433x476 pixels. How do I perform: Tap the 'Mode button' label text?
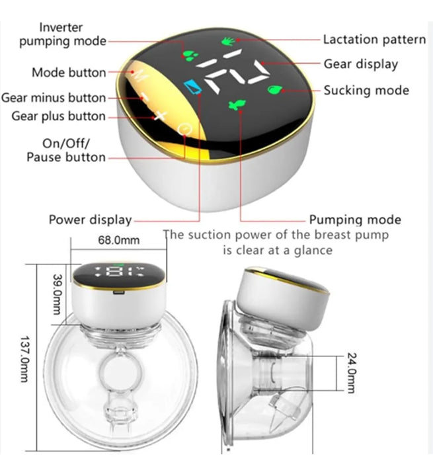(x=68, y=72)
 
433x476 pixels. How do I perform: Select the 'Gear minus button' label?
(x=54, y=98)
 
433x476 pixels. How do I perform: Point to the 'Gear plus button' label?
(x=58, y=116)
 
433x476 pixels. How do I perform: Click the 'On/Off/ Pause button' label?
(x=65, y=150)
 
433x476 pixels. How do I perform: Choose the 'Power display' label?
(x=90, y=219)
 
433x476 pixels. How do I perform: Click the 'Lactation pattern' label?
(x=374, y=40)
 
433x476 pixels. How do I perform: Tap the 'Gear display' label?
(x=360, y=64)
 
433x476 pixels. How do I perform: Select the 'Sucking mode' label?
(x=366, y=90)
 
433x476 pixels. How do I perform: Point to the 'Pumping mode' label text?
(x=355, y=219)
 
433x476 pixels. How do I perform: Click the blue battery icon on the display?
(x=194, y=87)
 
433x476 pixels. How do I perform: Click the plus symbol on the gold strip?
(x=160, y=117)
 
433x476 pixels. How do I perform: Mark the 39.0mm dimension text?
(x=56, y=289)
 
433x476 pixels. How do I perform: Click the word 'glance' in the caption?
(x=313, y=251)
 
